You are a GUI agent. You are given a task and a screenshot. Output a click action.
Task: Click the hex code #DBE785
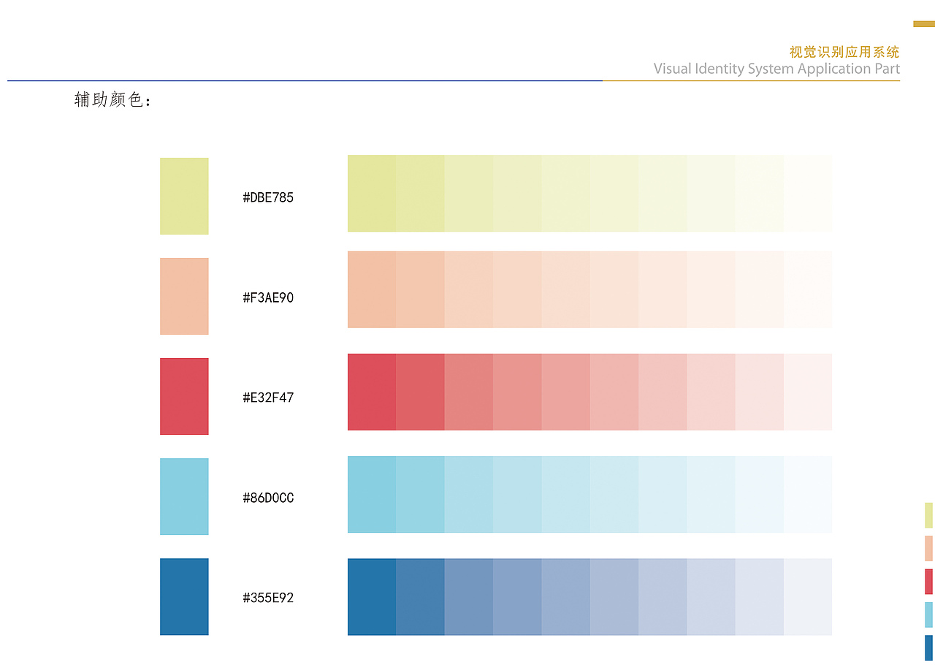(x=268, y=197)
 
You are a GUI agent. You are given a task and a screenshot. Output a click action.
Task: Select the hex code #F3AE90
(x=268, y=297)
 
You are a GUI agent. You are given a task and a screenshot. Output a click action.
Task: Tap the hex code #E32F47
(x=268, y=398)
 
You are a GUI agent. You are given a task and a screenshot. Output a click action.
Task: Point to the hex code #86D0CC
(x=268, y=498)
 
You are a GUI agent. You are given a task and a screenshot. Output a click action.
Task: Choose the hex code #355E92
(x=268, y=598)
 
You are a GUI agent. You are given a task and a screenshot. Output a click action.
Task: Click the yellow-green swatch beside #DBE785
(x=184, y=196)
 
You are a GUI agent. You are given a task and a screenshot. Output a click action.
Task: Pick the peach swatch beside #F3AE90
(x=184, y=296)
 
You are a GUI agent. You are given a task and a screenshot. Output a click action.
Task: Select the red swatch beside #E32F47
(x=184, y=396)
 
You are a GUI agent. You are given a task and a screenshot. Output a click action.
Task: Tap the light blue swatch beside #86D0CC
(x=184, y=496)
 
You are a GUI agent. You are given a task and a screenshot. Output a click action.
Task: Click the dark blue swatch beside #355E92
(x=184, y=596)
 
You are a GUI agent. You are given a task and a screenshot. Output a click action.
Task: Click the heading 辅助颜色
(x=112, y=100)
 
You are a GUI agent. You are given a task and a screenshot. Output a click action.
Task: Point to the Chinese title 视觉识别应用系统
(x=844, y=52)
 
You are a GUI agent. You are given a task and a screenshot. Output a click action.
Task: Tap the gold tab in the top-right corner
(x=924, y=24)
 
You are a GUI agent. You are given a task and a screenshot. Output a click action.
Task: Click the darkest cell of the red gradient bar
(x=372, y=392)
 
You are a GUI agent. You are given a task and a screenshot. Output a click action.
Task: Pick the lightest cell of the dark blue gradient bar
(x=808, y=596)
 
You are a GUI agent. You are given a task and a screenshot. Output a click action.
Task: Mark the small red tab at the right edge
(x=928, y=582)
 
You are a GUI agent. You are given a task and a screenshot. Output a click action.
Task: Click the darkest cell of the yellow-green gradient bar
(x=372, y=193)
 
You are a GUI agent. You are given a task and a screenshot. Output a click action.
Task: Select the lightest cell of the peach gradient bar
(x=808, y=289)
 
